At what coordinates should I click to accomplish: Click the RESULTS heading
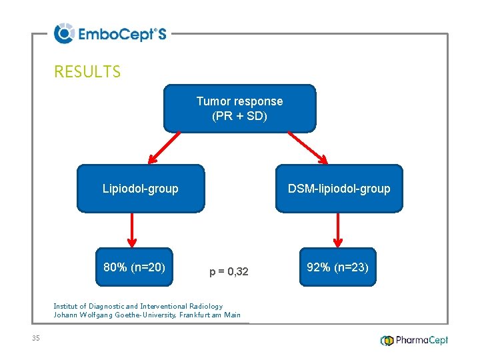pyautogui.click(x=87, y=72)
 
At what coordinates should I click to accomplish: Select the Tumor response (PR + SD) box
pyautogui.click(x=239, y=109)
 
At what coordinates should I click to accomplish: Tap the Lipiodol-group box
pyautogui.click(x=141, y=189)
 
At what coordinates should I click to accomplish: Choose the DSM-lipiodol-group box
pyautogui.click(x=339, y=189)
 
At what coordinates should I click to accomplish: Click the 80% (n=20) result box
pyautogui.click(x=135, y=268)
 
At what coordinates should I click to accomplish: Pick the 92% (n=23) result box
pyautogui.click(x=337, y=268)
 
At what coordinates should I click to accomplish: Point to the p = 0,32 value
pyautogui.click(x=229, y=271)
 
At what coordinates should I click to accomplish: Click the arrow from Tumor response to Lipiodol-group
pyautogui.click(x=164, y=147)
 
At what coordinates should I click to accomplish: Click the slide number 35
pyautogui.click(x=36, y=339)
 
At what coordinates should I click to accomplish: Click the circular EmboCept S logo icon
pyautogui.click(x=64, y=33)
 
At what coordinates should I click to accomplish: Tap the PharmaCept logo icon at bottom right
pyautogui.click(x=387, y=341)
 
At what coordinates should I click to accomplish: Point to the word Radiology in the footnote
pyautogui.click(x=206, y=306)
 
